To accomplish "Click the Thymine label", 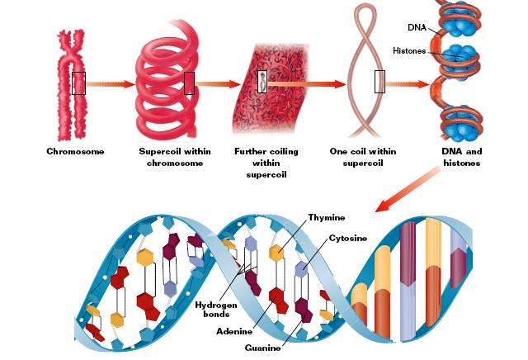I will (328, 218).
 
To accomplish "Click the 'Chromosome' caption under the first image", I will (75, 152).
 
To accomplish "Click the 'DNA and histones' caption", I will (461, 157).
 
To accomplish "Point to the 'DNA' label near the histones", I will (417, 27).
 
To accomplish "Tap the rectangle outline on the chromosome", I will (78, 83).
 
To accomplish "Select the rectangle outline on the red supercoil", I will (189, 83).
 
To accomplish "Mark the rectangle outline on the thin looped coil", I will (379, 83).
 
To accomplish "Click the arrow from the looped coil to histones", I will (408, 83).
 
